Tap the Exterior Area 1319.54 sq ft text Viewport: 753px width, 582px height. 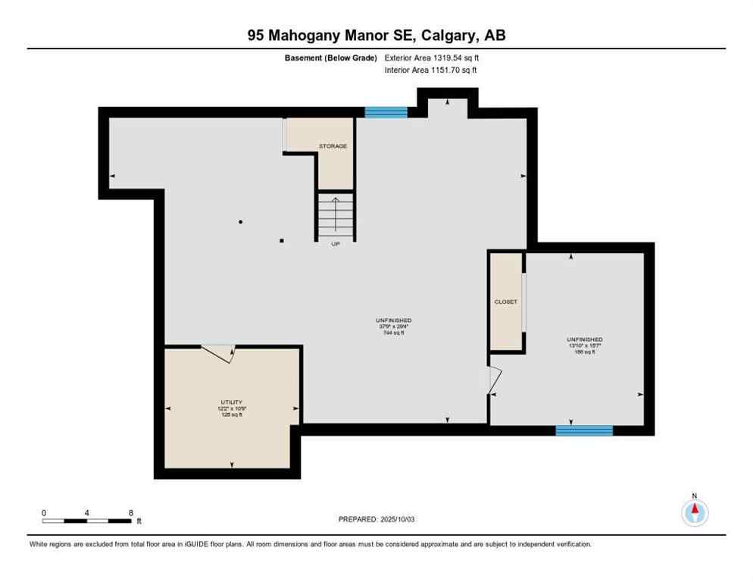tap(432, 57)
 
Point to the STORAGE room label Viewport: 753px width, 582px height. tap(333, 145)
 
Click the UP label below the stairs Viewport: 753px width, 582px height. tap(335, 244)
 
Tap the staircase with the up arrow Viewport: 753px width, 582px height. tap(336, 216)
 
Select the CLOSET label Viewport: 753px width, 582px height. tap(505, 302)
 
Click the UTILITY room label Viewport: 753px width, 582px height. tap(232, 402)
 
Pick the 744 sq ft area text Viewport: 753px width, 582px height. tap(393, 333)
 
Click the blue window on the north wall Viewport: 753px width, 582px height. tap(386, 112)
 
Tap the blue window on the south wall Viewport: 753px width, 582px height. tap(583, 430)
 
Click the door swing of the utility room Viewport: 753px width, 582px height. tap(220, 353)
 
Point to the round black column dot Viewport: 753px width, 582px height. tap(241, 222)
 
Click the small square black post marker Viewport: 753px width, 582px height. tap(282, 241)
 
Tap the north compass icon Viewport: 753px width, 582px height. tap(694, 512)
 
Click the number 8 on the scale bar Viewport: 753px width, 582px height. tap(131, 512)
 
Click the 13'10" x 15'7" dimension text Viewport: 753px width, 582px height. tap(584, 346)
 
